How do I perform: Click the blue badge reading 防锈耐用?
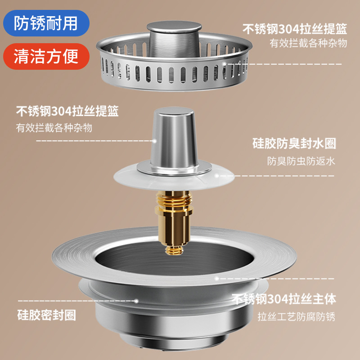45,22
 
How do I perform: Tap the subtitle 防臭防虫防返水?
301,161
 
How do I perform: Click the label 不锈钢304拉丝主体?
284,299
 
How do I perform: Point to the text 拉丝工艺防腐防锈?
297,316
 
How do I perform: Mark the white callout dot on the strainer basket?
225,64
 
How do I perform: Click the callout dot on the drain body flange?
216,278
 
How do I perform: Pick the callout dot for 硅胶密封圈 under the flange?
135,299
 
